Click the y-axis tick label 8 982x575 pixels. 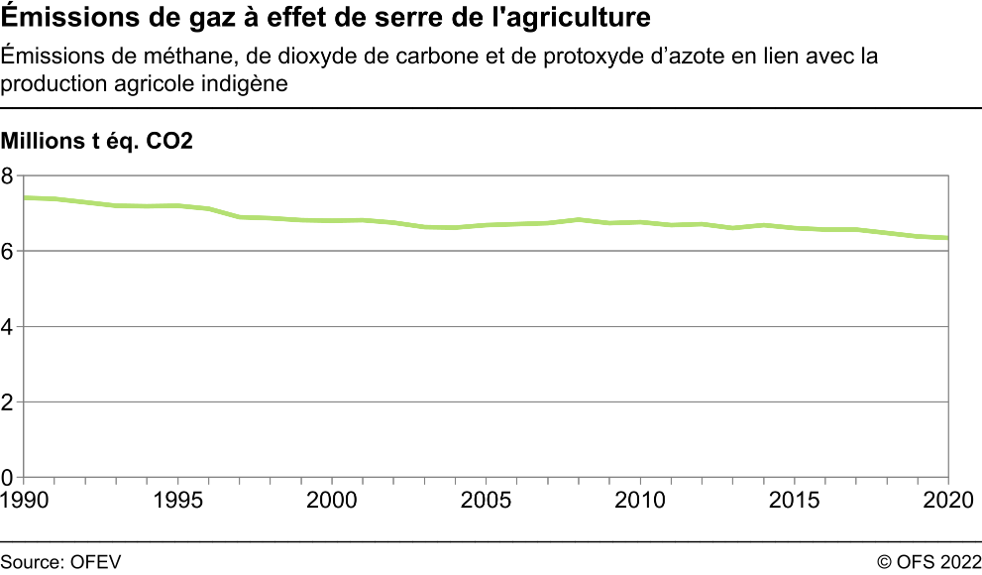point(8,176)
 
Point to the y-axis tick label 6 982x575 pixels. point(8,252)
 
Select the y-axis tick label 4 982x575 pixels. point(8,327)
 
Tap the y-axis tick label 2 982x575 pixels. point(8,402)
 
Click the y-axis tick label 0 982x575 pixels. point(8,477)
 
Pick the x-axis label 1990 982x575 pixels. point(24,498)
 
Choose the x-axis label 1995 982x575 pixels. point(178,498)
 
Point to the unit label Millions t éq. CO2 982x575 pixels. point(97,142)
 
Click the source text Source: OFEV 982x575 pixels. point(60,562)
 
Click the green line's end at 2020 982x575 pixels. point(948,238)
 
